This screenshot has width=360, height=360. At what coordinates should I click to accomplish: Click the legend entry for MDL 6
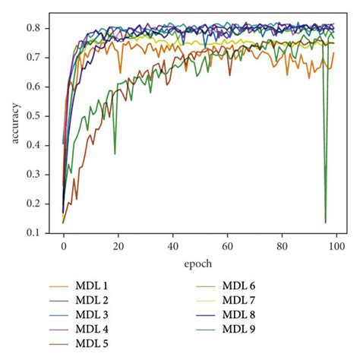click(x=238, y=286)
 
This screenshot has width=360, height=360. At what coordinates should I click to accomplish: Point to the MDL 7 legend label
click(x=238, y=300)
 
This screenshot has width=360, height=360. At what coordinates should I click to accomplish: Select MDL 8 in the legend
click(x=238, y=314)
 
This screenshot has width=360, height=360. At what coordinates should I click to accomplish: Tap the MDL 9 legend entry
click(x=238, y=329)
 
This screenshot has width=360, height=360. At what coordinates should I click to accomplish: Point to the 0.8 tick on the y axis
click(x=43, y=29)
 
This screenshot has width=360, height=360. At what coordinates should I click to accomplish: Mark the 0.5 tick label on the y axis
click(x=43, y=116)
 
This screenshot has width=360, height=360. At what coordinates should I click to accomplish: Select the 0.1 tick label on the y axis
click(x=43, y=232)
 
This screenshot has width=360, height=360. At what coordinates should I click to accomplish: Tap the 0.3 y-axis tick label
click(x=43, y=175)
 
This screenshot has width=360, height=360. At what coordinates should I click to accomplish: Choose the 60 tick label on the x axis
click(x=227, y=247)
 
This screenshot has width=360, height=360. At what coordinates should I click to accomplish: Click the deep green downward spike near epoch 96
click(x=326, y=222)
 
